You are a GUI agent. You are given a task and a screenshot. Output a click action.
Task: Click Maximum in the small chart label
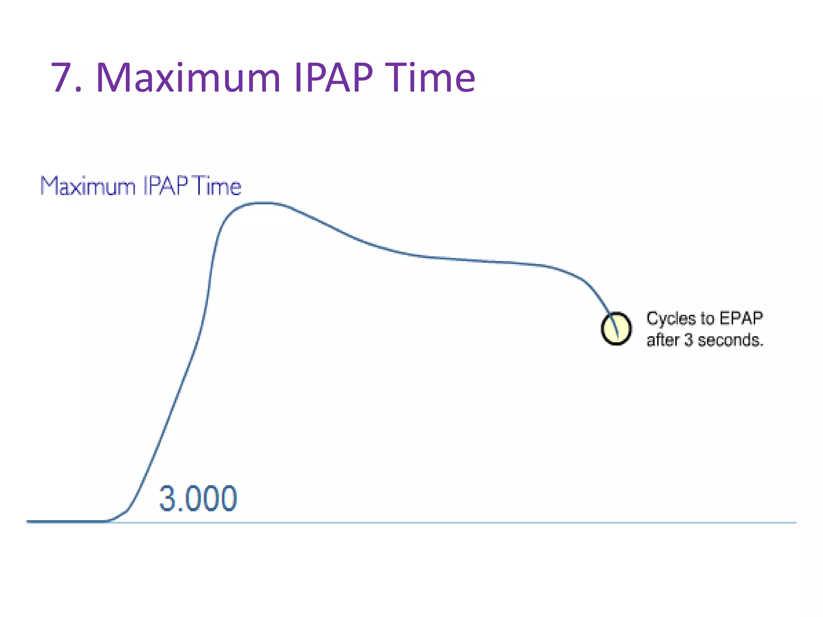(x=88, y=186)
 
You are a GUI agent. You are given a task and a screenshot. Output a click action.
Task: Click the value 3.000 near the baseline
(x=198, y=499)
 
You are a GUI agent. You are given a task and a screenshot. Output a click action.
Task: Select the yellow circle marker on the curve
(x=616, y=329)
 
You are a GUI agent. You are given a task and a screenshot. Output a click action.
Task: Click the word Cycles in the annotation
(x=671, y=319)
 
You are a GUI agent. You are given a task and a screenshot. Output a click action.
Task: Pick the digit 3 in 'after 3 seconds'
(x=688, y=340)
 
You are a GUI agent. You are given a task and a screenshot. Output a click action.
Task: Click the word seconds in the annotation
(x=730, y=340)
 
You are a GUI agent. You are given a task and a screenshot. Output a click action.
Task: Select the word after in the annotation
(x=663, y=340)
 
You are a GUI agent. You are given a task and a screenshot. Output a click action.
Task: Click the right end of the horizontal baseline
(x=795, y=523)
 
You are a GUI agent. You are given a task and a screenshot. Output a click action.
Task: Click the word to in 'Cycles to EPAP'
(x=707, y=319)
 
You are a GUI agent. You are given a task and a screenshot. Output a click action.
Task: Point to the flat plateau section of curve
(x=482, y=261)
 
